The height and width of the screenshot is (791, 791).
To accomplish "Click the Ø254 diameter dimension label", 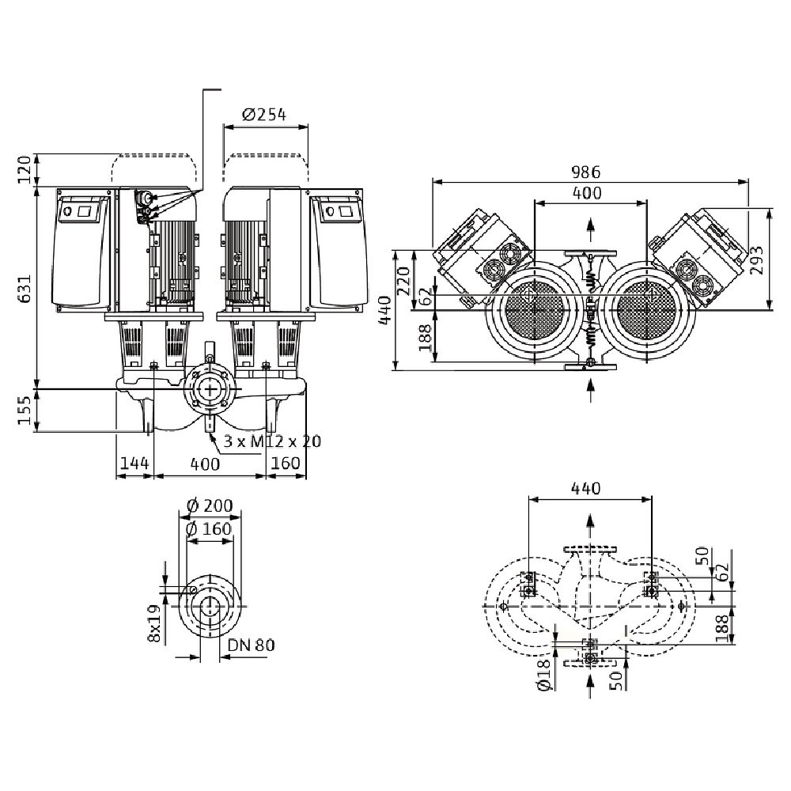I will (264, 115).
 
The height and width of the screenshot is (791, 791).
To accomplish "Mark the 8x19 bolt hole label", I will (156, 624).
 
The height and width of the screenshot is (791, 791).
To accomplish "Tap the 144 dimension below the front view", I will (134, 464).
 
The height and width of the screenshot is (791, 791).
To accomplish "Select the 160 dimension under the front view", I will (285, 464).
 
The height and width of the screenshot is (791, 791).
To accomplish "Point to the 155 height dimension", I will (25, 410).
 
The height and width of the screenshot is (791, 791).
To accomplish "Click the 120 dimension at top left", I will (25, 168).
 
